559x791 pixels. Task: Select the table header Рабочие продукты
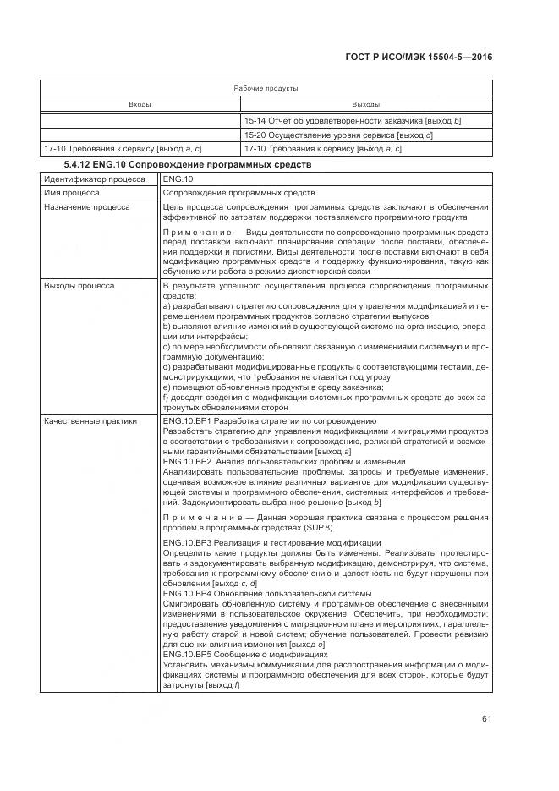(x=266, y=88)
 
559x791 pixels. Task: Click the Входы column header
(x=140, y=104)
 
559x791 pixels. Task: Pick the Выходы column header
(x=364, y=104)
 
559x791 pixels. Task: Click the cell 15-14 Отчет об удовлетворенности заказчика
(x=352, y=121)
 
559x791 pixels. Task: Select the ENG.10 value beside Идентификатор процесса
(x=178, y=179)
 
